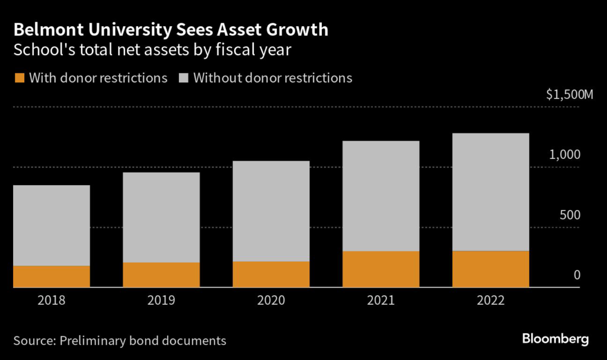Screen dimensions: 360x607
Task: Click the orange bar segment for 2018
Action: [51, 276]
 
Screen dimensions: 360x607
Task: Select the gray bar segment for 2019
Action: [161, 217]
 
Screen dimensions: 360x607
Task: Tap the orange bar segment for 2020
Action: [271, 274]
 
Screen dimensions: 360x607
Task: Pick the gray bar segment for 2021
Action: [381, 196]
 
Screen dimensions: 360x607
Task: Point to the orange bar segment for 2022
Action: [490, 269]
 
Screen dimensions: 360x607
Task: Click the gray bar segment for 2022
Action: [490, 192]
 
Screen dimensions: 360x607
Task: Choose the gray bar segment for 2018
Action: [51, 225]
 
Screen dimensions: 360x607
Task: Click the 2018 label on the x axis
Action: [51, 301]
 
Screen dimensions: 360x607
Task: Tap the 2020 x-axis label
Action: [271, 301]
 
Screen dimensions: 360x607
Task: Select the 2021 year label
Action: [381, 301]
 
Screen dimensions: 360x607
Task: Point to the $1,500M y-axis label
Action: [569, 95]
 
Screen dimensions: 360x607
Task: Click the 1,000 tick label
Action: [564, 155]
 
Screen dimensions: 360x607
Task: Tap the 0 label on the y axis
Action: [576, 276]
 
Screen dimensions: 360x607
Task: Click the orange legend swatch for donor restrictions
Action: [19, 78]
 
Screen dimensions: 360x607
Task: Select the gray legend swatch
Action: [183, 78]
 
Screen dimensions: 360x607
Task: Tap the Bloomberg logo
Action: [555, 339]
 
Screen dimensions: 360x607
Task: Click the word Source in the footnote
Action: [33, 340]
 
